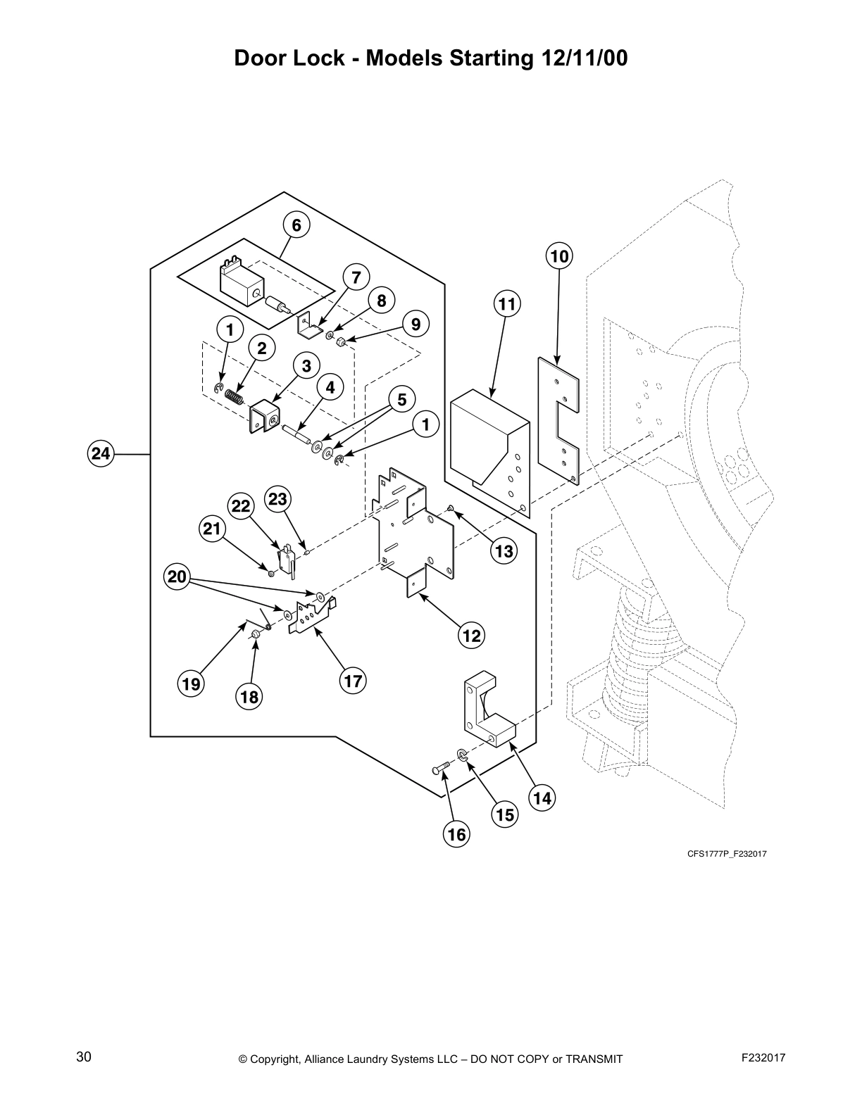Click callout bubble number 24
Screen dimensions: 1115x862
(x=101, y=454)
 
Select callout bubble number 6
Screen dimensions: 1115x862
(x=296, y=225)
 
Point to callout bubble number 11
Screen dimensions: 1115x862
(x=506, y=305)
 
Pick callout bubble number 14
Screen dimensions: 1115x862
(x=542, y=798)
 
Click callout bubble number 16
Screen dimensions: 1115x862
(x=456, y=834)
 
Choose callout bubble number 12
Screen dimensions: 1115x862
(x=470, y=636)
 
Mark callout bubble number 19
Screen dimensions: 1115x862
(x=191, y=684)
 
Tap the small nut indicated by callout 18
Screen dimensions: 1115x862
(x=257, y=636)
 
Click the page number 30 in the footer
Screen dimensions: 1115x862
(x=84, y=1057)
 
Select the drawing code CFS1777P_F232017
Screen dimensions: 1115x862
(x=727, y=854)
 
